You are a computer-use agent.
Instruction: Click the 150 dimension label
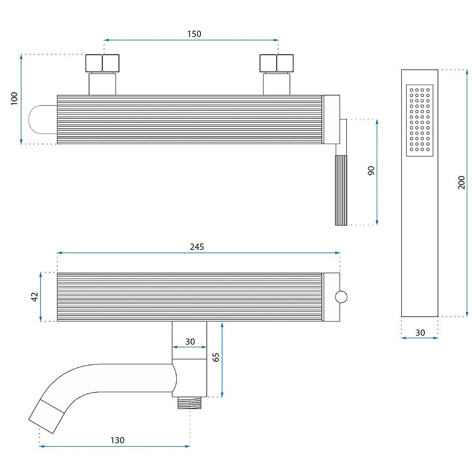tap(194, 34)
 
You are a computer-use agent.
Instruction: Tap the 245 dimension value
tap(197, 247)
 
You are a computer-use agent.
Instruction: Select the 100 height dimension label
tap(14, 99)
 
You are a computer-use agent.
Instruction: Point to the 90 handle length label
tap(371, 170)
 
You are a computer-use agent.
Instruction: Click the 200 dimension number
tap(461, 182)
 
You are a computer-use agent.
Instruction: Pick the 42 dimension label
tap(34, 296)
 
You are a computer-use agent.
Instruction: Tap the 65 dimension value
tap(216, 357)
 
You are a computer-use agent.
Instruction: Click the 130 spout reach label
tap(117, 440)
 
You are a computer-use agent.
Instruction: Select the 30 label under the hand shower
tap(420, 333)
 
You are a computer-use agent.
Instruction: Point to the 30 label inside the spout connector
tap(190, 341)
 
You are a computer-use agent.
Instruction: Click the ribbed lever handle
tap(341, 190)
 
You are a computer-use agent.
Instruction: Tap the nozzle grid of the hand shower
tap(419, 120)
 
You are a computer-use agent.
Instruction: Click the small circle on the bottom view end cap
tap(341, 297)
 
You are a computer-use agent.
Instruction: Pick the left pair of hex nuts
tap(103, 63)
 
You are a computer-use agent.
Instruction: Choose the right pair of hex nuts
tap(277, 63)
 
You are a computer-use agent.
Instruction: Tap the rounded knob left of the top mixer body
tap(43, 120)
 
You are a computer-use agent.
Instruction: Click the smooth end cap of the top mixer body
tap(331, 120)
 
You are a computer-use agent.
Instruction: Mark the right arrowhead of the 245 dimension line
tap(338, 253)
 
